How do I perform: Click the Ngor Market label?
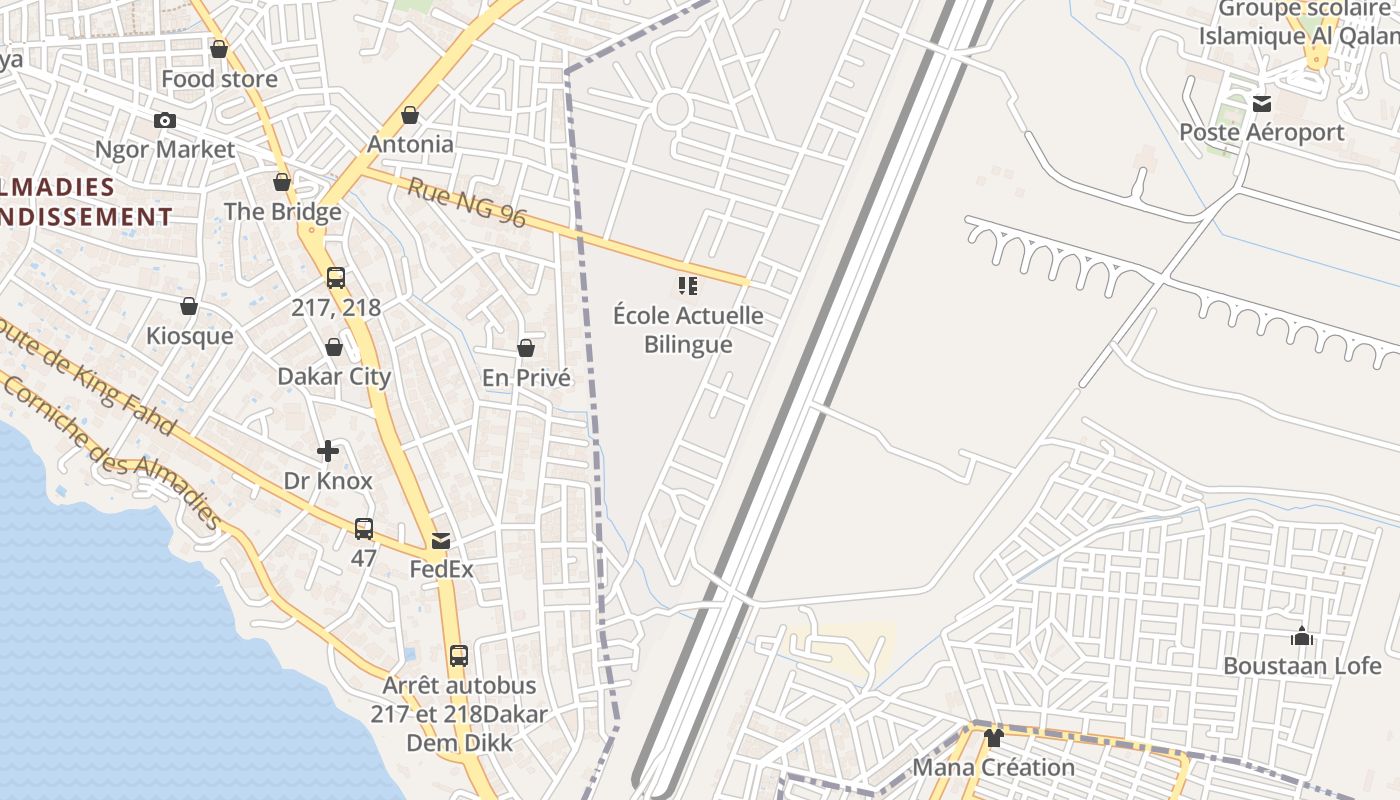[x=165, y=150]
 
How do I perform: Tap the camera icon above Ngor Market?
[x=165, y=121]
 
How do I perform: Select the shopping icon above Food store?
[x=219, y=49]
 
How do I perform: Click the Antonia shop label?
[x=410, y=144]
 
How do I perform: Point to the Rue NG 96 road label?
[x=466, y=202]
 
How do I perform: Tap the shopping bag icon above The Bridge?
[x=282, y=182]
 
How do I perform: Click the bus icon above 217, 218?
[x=336, y=278]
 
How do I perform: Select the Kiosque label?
[x=189, y=336]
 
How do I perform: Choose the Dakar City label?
[x=334, y=377]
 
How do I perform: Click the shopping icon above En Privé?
[x=526, y=348]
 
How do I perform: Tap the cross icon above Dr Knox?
[x=328, y=451]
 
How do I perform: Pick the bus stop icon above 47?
[x=364, y=528]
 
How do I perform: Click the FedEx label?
[x=441, y=570]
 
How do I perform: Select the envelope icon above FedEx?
[x=441, y=541]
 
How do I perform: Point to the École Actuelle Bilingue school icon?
[x=687, y=287]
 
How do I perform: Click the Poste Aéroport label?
[x=1261, y=133]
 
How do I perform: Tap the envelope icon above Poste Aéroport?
[x=1262, y=103]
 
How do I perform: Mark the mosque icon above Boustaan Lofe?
[x=1302, y=636]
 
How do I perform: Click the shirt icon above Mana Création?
[x=993, y=738]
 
